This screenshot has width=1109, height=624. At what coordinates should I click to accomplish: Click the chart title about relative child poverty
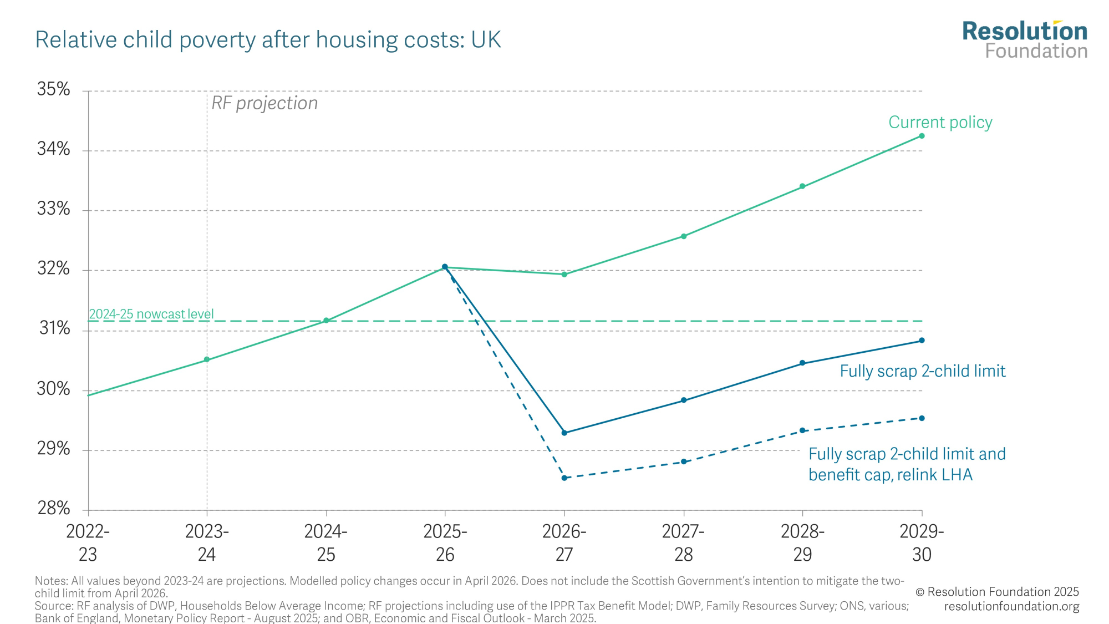(268, 40)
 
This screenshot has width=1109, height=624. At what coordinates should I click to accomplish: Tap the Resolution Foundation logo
(1025, 40)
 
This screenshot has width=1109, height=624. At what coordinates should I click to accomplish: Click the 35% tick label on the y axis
(54, 89)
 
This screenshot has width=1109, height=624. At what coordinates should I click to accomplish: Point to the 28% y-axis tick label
(54, 508)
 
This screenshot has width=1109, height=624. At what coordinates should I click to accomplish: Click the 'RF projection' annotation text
(264, 103)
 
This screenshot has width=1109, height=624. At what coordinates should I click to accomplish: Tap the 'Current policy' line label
(940, 123)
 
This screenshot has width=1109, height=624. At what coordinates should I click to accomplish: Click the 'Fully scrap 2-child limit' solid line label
(922, 371)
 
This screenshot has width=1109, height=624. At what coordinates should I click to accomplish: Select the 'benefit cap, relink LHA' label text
(891, 475)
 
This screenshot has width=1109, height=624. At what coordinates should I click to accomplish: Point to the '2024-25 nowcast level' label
(151, 314)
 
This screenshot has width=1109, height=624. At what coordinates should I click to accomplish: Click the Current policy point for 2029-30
(922, 136)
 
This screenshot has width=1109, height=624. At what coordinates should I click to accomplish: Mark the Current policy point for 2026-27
(564, 275)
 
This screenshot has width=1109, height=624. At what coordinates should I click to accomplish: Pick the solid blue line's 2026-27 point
(564, 433)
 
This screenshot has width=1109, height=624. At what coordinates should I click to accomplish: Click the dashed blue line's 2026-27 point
(564, 478)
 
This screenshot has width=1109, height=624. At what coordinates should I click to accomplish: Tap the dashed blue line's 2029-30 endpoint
(922, 418)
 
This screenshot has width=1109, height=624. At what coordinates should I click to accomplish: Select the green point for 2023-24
(207, 359)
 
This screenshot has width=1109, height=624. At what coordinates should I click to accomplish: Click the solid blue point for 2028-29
(802, 363)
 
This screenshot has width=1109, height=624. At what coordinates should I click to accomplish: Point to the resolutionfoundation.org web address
(1011, 606)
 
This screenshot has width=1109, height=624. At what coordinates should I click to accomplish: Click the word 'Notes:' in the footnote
(51, 581)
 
